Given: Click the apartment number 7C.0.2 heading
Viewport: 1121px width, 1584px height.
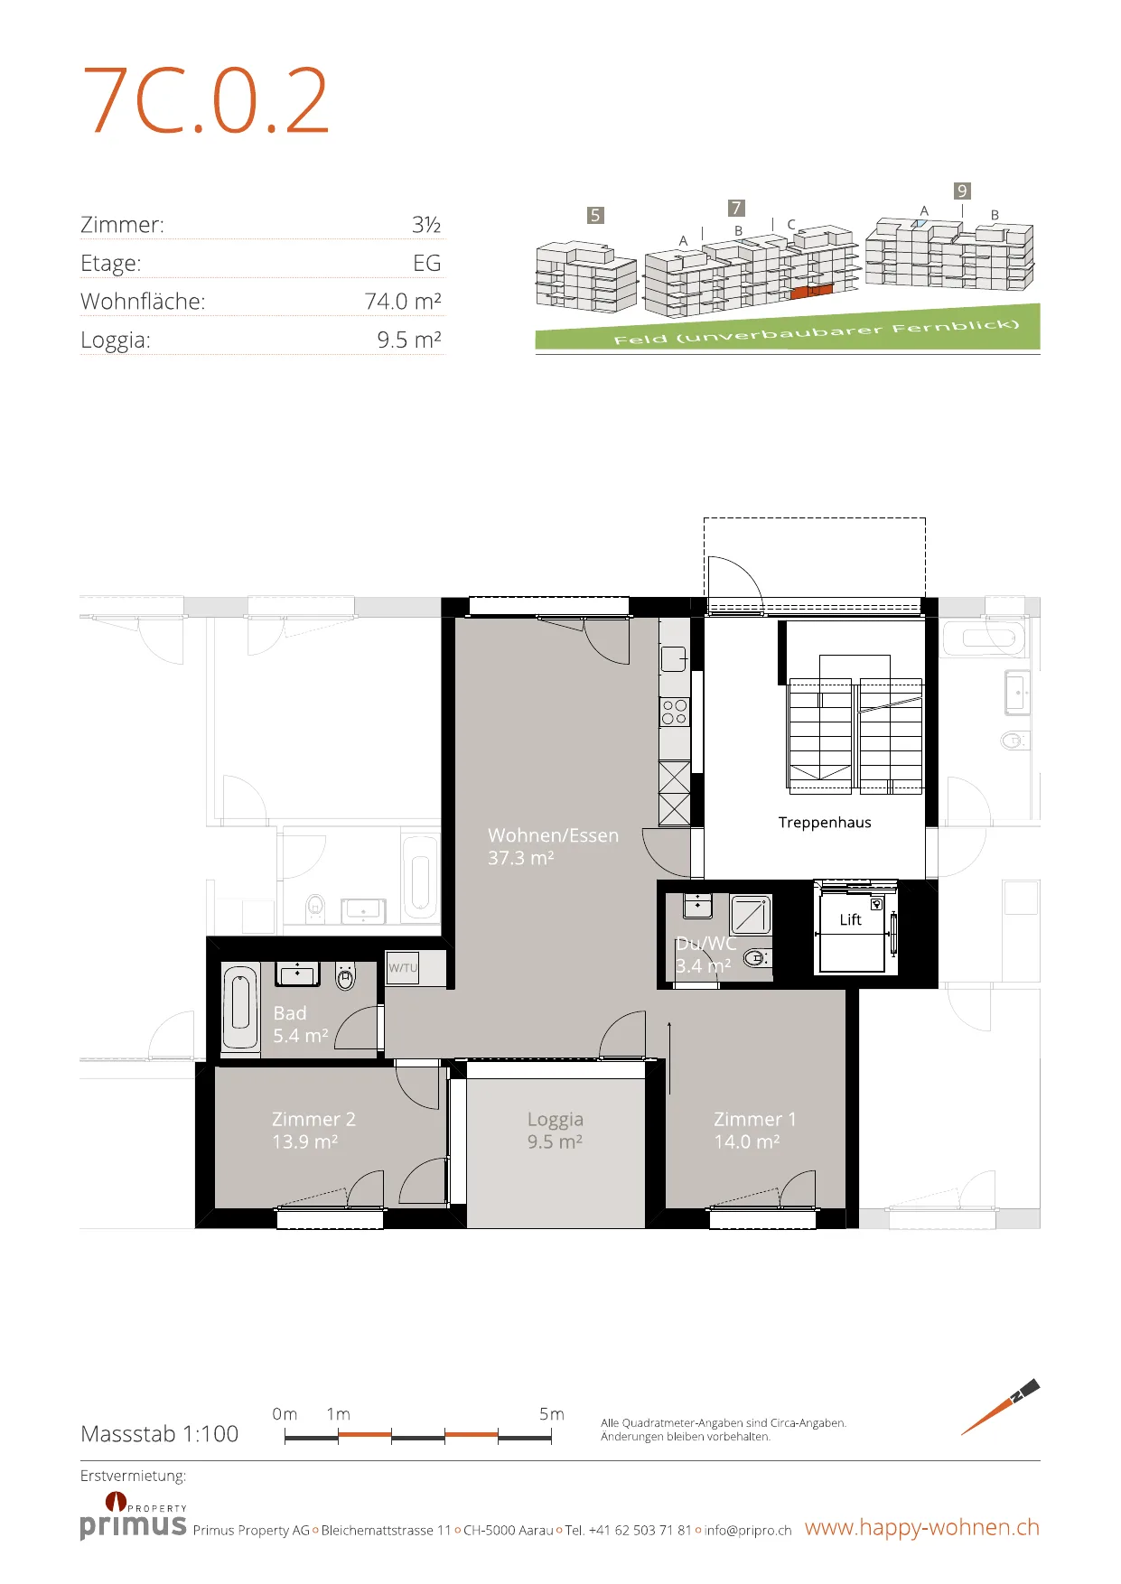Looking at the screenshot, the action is pos(206,101).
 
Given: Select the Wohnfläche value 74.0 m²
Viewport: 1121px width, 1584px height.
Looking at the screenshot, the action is pos(403,301).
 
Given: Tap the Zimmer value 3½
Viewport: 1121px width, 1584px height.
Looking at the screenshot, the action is pos(426,224).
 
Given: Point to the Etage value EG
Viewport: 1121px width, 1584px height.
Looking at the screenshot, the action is pos(427,263).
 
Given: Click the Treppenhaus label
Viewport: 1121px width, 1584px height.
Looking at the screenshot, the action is pos(825,823).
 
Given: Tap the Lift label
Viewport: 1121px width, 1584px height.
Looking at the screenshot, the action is pos(851,919).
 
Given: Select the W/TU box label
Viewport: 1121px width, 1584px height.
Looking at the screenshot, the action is pos(403,967).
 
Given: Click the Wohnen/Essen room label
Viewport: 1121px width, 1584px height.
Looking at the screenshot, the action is pos(553,835).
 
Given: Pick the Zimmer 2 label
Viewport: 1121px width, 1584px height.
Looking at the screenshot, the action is pos(313,1119).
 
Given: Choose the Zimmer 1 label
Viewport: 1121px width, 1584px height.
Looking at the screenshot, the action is pos(755,1119).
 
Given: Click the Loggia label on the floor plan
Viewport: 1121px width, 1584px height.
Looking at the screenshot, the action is pos(556,1120).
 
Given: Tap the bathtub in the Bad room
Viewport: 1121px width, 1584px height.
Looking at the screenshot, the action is pos(240,1006).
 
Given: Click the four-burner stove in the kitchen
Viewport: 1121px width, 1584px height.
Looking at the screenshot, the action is pos(674,712).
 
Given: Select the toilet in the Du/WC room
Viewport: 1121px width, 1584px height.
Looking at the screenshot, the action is pos(758,957).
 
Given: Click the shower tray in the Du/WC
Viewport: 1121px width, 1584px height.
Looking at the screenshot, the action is pos(750,915).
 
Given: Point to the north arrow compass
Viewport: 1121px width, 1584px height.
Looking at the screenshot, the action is pos(1001,1407).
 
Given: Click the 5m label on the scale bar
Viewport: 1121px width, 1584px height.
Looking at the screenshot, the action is pos(551,1414).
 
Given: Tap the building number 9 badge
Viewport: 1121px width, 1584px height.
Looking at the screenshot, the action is pos(962,191).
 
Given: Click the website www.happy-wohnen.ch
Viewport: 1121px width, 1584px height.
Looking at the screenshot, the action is pos(922,1527).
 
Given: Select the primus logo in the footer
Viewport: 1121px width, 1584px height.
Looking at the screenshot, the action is pos(134,1516).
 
